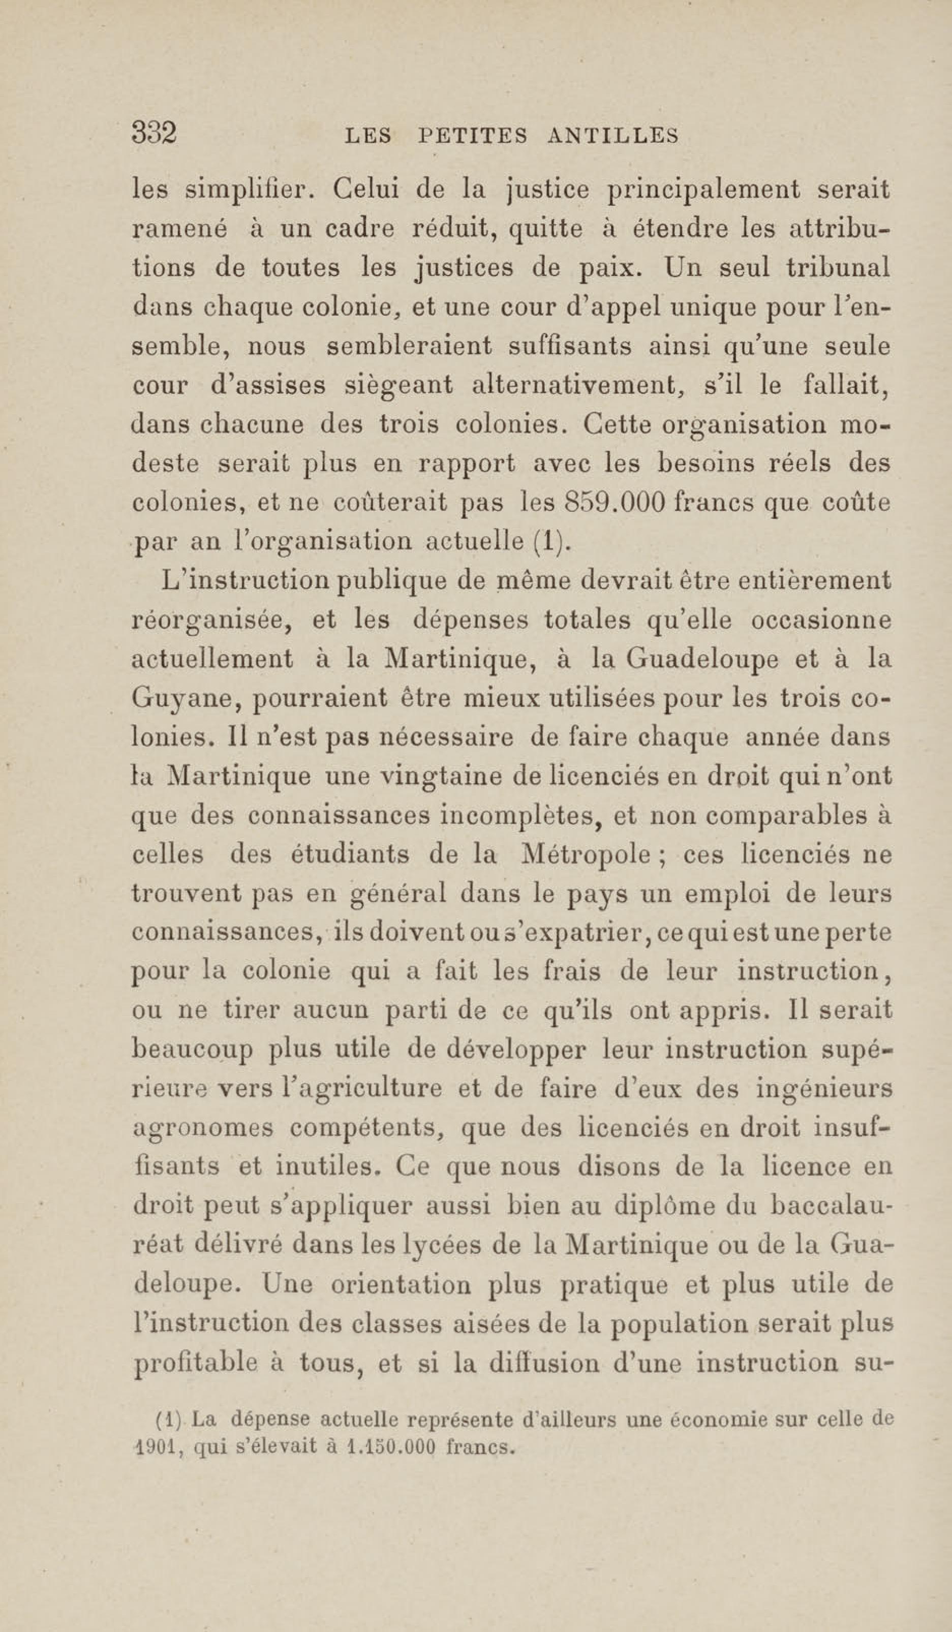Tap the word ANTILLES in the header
[x=612, y=136]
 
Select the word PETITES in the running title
[x=473, y=136]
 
